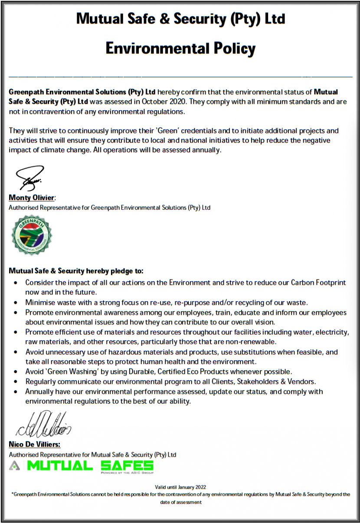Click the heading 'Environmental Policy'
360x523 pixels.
coord(180,48)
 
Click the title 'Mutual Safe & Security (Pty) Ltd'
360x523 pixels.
coord(180,19)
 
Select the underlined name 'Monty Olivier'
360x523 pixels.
coord(32,198)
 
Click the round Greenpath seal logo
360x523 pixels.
coord(32,235)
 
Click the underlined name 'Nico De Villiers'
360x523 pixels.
coord(34,444)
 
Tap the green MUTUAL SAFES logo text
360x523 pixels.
coord(90,466)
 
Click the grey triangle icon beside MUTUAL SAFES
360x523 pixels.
coord(15,466)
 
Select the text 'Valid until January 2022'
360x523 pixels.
coord(180,487)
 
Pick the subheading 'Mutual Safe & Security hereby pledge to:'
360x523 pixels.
coord(76,271)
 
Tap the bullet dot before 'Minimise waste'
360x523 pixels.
coord(16,302)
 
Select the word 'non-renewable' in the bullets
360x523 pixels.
coord(254,342)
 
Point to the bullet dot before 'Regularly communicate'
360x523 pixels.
coord(16,382)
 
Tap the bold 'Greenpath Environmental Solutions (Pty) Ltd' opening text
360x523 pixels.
coord(82,92)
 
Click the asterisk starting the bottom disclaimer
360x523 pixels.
coord(13,494)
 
